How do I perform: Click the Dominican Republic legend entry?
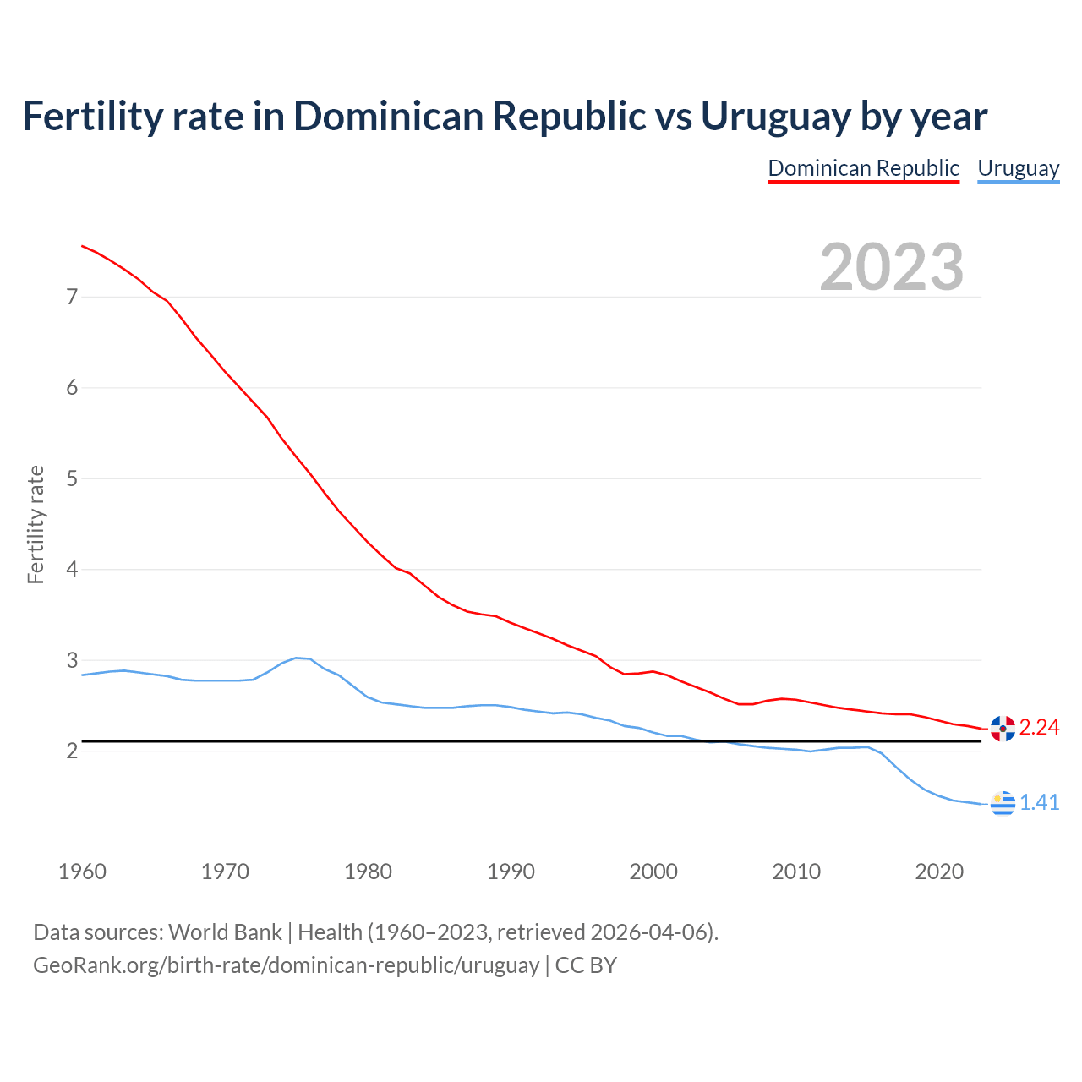click(863, 168)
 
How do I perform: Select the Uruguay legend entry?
click(1018, 168)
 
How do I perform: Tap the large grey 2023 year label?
click(892, 267)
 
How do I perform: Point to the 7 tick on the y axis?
click(72, 297)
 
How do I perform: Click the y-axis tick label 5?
click(72, 478)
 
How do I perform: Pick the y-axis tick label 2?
click(72, 751)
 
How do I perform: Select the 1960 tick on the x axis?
click(82, 872)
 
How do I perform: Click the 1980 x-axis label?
click(368, 872)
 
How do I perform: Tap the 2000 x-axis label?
click(653, 872)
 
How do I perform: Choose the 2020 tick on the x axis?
click(939, 872)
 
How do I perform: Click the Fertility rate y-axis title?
click(36, 524)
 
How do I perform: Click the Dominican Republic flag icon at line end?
click(1003, 728)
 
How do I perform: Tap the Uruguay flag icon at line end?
click(1003, 803)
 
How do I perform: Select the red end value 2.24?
click(1039, 728)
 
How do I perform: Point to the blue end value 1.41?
click(1039, 803)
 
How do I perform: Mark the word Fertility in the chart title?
click(90, 117)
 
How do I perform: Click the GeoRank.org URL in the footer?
click(286, 965)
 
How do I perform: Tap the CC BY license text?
click(586, 965)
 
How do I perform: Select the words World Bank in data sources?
click(225, 932)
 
